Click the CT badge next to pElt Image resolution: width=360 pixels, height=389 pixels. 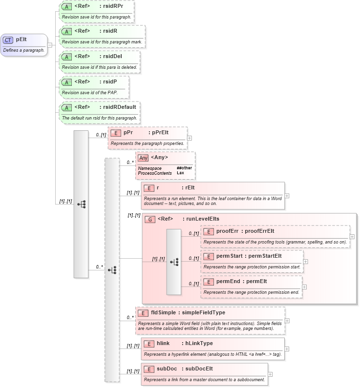coord(8,40)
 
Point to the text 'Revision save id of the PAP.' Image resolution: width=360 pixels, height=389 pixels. coord(89,93)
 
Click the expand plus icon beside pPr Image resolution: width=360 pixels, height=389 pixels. coord(190,138)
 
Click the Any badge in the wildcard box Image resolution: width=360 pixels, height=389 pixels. coord(143,158)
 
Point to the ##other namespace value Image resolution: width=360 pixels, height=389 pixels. coord(184,168)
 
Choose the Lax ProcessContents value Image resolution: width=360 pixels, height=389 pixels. coord(181,173)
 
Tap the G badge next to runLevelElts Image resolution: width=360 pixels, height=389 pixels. coord(150,219)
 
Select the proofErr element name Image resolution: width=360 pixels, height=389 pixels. coord(227,231)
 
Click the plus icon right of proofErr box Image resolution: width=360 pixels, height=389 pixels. coord(352,237)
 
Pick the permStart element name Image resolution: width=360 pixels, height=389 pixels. coord(230,256)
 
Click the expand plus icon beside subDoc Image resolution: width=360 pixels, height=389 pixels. coord(271,374)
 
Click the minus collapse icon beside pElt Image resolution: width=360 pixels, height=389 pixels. coord(50,45)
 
